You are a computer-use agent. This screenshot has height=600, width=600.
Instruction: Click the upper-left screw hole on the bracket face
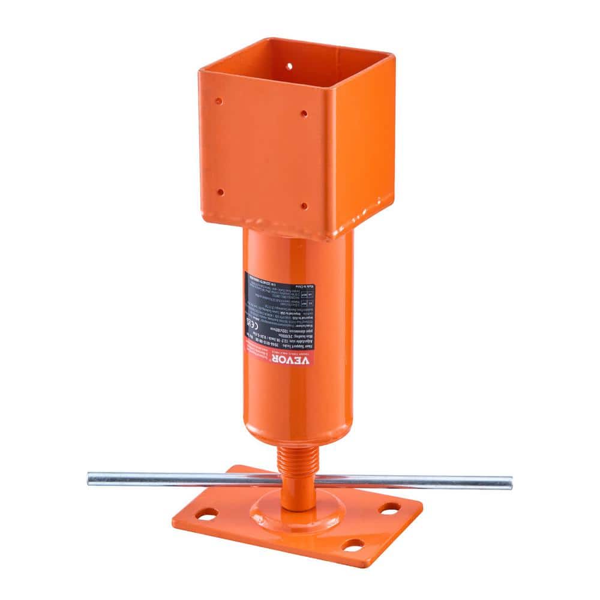219,101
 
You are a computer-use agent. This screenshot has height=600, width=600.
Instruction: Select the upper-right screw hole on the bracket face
304,113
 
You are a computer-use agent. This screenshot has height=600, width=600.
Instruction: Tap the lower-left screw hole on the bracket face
220,192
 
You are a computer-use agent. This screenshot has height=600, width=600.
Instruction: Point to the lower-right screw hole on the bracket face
304,206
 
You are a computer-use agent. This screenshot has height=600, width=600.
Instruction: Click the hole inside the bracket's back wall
289,66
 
